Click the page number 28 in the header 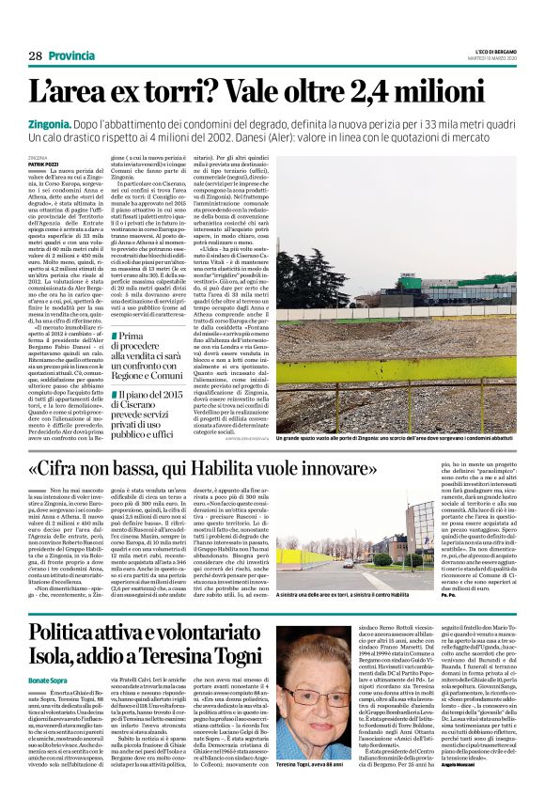point(35,55)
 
